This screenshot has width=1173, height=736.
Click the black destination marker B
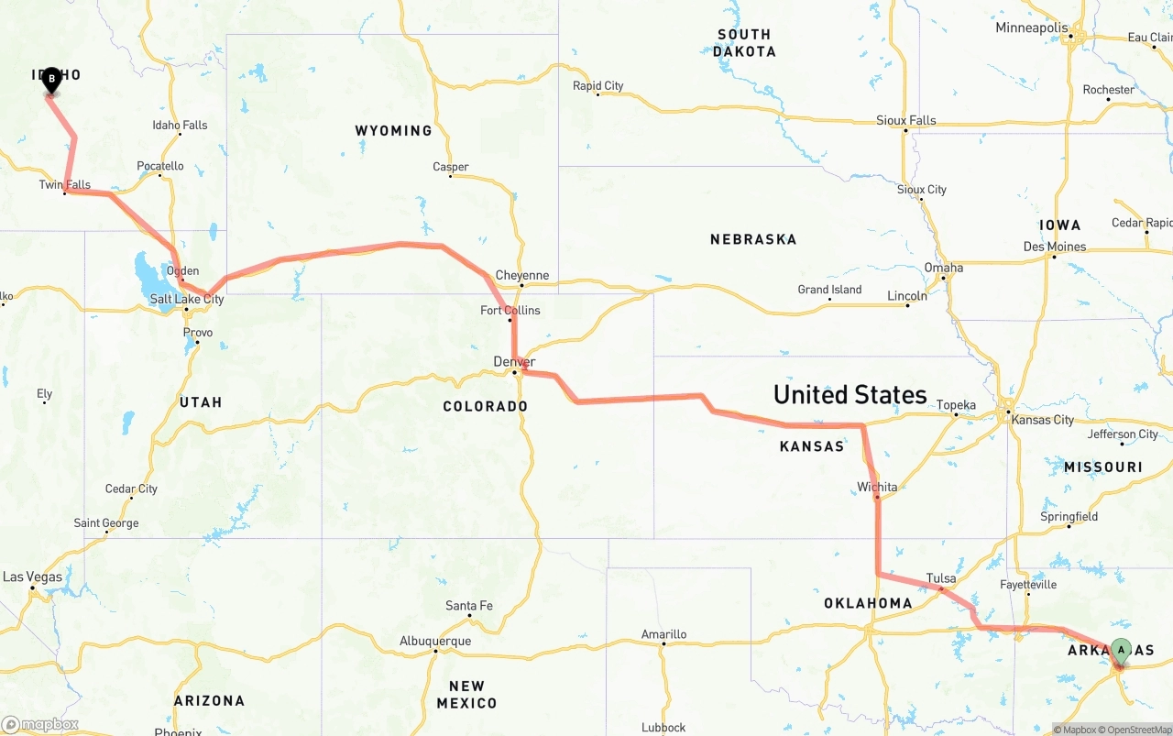point(51,81)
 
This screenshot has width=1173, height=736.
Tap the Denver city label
point(513,362)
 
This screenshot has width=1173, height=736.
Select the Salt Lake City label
point(187,300)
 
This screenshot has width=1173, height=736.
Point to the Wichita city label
point(877,487)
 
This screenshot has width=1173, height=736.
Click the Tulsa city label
point(941,578)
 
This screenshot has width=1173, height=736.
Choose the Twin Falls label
point(65,185)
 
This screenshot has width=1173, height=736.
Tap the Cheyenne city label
point(521,275)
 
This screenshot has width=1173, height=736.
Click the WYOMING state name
point(393,131)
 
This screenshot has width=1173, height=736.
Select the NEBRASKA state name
point(752,239)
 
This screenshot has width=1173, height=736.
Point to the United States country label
point(850,395)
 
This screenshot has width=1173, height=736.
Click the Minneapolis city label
point(1032,27)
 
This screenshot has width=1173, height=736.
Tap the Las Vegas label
point(33,577)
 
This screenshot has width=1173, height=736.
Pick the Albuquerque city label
point(435,641)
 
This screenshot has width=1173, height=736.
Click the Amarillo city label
point(663,634)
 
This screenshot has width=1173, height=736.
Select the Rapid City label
point(597,86)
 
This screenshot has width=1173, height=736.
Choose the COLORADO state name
point(485,406)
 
